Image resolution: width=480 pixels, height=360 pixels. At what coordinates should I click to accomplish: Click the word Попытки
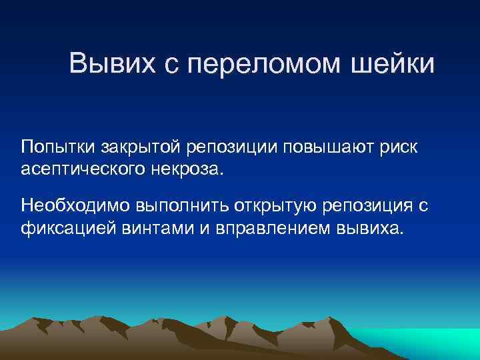tap(59, 147)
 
